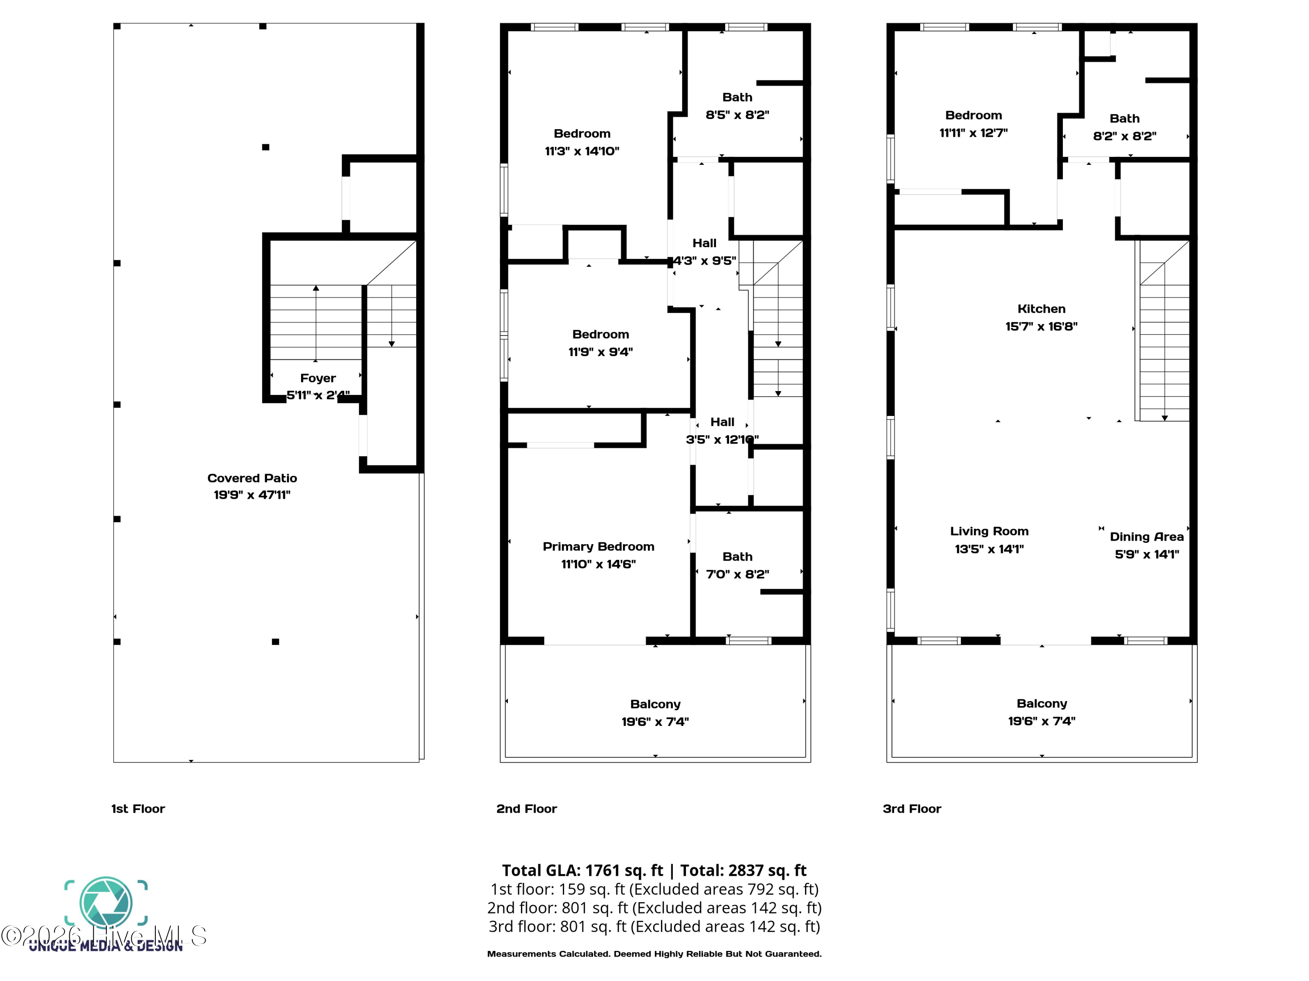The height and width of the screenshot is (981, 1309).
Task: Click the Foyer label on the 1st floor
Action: (318, 378)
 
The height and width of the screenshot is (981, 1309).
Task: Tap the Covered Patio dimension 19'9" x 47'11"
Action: (252, 495)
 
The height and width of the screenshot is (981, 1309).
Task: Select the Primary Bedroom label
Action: (598, 546)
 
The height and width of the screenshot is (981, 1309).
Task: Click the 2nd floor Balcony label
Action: (655, 704)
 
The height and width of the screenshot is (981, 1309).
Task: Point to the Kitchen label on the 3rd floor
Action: (1042, 309)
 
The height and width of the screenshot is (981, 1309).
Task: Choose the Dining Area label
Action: (1147, 537)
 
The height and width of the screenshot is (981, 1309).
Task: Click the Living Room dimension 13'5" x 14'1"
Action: (989, 549)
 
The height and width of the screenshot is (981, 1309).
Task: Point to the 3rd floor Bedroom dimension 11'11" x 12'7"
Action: (973, 133)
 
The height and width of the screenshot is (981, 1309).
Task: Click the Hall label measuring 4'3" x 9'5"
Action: (704, 243)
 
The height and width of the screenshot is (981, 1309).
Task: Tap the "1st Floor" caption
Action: (138, 809)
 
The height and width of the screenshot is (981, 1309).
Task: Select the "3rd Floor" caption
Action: (912, 809)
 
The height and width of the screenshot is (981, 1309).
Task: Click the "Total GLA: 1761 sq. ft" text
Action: (583, 870)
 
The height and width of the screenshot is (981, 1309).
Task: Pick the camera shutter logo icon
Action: (106, 903)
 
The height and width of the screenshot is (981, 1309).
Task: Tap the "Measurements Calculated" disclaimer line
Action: (654, 954)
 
